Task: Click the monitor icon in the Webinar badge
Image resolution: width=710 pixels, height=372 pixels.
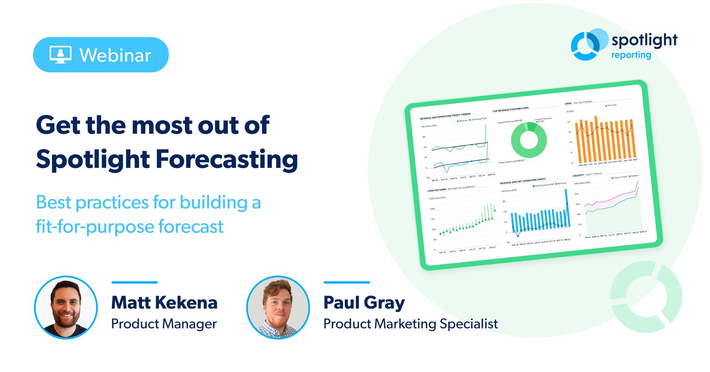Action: [60, 55]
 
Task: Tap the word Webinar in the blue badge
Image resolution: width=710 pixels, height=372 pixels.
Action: [115, 56]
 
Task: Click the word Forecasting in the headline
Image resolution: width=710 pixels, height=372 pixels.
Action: [227, 160]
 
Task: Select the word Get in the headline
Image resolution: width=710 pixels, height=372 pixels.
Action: [58, 125]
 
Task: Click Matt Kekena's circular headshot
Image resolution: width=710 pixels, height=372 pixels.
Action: [66, 308]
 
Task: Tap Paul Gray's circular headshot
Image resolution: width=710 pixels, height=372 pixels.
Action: [278, 308]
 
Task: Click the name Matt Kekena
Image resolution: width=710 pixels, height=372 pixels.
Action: [164, 303]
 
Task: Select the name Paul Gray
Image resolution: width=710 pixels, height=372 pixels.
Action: [364, 303]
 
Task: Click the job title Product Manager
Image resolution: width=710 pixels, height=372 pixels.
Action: [164, 324]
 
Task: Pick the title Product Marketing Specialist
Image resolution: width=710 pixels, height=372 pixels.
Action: [410, 324]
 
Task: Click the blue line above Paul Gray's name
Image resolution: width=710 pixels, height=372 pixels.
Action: [347, 282]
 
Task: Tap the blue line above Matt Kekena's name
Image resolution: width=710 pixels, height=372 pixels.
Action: [134, 282]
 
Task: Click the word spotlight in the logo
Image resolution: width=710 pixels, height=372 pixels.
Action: [644, 40]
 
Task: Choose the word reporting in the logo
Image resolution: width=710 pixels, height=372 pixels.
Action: [631, 55]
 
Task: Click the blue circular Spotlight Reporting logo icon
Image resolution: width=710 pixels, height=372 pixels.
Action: [587, 45]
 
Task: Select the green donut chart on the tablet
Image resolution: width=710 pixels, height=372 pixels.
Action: [529, 140]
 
